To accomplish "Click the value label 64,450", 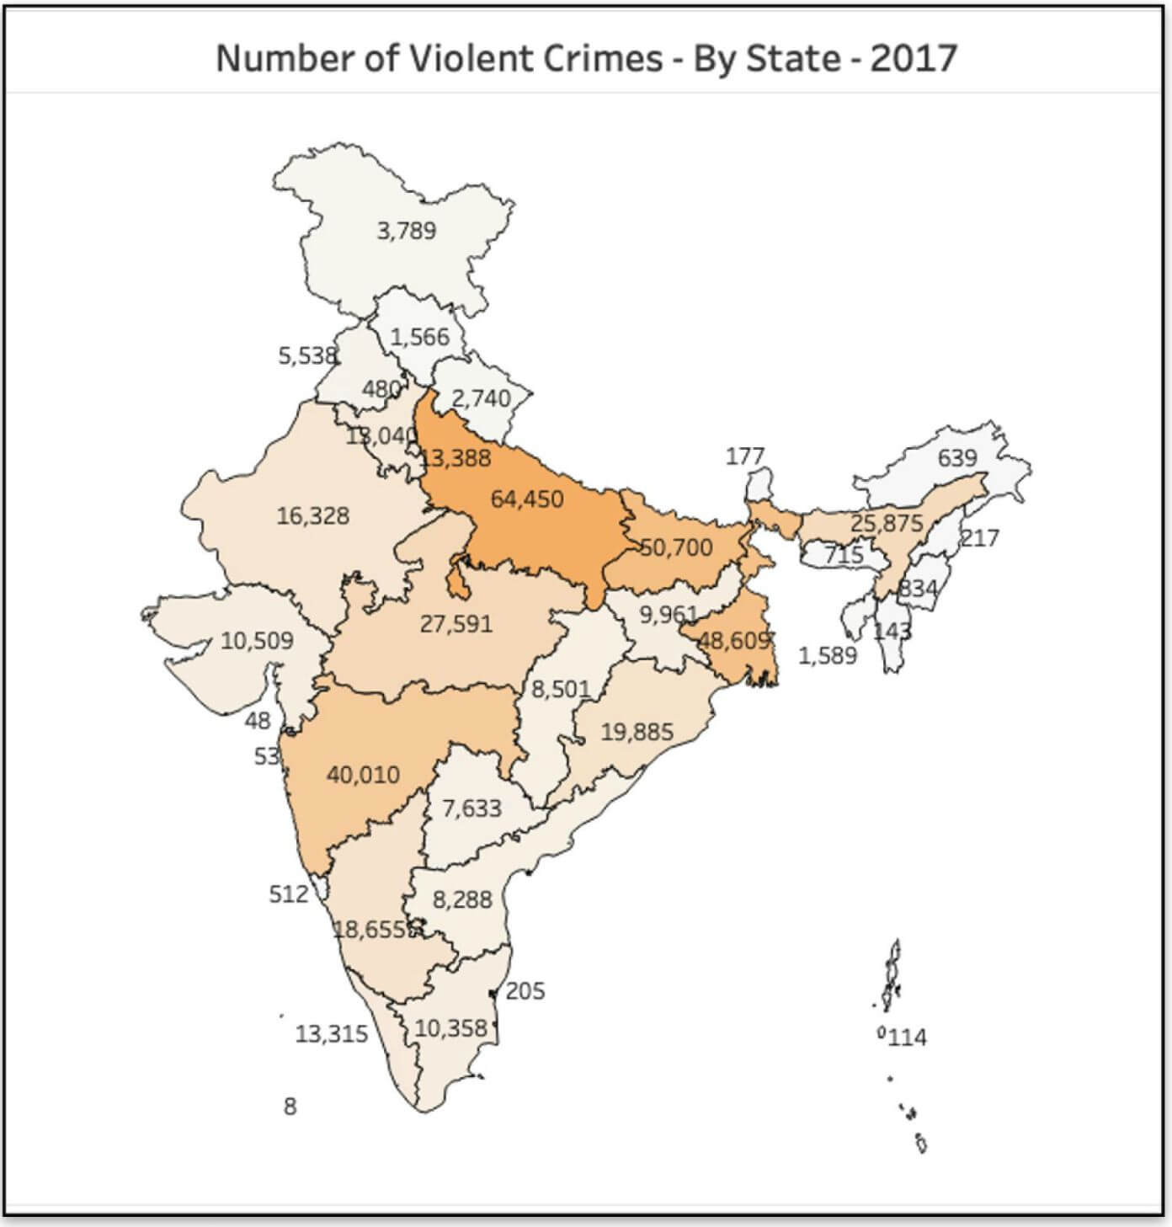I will (527, 499).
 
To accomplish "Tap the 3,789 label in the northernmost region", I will (407, 230).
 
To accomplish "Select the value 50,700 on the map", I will (676, 547).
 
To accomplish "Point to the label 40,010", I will (363, 774).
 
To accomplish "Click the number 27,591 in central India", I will (455, 624).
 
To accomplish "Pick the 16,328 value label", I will (312, 515).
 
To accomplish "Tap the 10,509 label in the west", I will (257, 641).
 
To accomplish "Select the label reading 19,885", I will (637, 732).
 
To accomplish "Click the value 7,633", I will (471, 808).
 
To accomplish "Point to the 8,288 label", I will (462, 899).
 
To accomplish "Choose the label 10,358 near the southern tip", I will (450, 1028).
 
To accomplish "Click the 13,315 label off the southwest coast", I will (331, 1033).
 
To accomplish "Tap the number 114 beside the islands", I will (907, 1038).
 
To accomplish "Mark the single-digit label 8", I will (290, 1107).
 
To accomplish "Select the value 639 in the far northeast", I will (957, 458).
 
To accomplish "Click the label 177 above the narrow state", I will (745, 456).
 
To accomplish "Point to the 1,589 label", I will (827, 655).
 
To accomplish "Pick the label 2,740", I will (482, 398).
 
